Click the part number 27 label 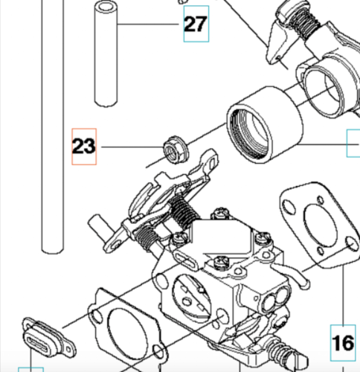[x=196, y=24]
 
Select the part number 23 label [x=83, y=146]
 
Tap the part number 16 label [x=343, y=343]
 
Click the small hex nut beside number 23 [x=176, y=150]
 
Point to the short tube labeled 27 [x=106, y=54]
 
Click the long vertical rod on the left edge [x=53, y=126]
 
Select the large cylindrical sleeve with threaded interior [x=264, y=125]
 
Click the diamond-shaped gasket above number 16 [x=320, y=225]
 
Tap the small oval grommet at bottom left [x=48, y=338]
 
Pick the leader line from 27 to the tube [x=148, y=24]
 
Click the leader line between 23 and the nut [x=132, y=147]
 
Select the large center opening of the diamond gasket [x=320, y=225]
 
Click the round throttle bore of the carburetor [x=192, y=298]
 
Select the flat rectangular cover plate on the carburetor [x=222, y=236]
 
